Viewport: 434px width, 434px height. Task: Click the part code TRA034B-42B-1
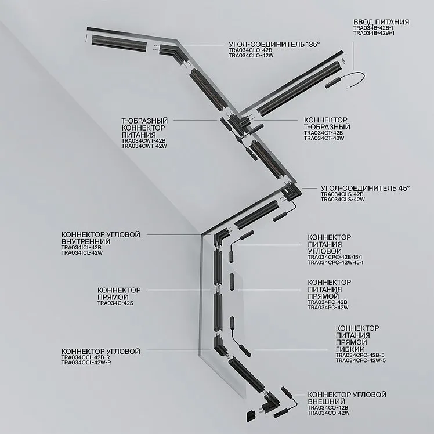click(x=374, y=28)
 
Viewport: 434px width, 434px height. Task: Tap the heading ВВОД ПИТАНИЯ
click(x=381, y=22)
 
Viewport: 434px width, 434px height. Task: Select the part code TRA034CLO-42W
click(x=251, y=56)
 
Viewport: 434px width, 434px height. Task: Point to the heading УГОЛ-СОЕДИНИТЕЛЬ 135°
click(x=274, y=44)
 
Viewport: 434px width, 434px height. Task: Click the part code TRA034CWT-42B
click(x=143, y=141)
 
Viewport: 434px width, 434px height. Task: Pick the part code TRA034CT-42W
click(x=324, y=138)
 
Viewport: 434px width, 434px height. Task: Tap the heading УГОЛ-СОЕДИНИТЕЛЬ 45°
click(x=365, y=188)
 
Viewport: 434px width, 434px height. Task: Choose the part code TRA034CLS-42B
click(x=342, y=194)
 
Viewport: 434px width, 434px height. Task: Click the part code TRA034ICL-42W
click(x=82, y=253)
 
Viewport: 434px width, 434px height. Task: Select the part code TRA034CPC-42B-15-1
click(x=335, y=257)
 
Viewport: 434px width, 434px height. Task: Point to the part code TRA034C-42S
click(x=115, y=303)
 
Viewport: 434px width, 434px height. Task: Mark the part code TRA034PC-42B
click(x=327, y=302)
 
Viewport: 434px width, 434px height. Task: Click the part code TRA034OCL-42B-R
click(x=85, y=357)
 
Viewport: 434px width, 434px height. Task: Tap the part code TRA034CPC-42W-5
click(x=361, y=360)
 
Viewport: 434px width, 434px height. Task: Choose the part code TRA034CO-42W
click(x=328, y=413)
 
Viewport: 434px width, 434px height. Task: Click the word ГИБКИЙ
click(x=350, y=349)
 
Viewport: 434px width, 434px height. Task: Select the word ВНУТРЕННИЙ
click(x=86, y=241)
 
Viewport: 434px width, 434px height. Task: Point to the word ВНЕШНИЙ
click(x=326, y=402)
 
